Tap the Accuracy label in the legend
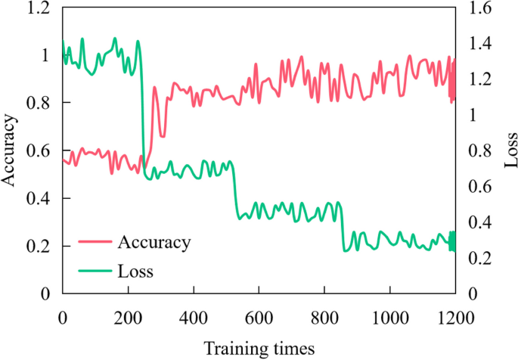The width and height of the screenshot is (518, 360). (154, 242)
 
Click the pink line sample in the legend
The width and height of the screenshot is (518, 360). (95, 243)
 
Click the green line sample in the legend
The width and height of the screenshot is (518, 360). (95, 268)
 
